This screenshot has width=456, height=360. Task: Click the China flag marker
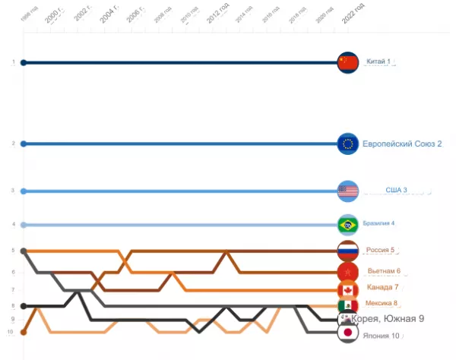tap(347, 62)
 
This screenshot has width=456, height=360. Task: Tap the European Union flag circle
tap(347, 144)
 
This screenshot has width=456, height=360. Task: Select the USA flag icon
tap(347, 191)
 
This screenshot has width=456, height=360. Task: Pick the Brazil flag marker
tap(347, 224)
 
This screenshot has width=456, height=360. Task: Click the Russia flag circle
tap(347, 250)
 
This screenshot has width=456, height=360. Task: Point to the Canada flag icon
tap(347, 289)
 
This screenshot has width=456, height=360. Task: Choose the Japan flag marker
tap(347, 332)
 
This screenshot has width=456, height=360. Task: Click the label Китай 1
tap(378, 62)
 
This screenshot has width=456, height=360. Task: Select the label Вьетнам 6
tap(384, 270)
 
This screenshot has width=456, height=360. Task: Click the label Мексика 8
tap(382, 304)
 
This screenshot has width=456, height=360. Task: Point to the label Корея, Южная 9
tap(388, 319)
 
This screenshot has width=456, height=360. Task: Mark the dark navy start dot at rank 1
tap(24, 62)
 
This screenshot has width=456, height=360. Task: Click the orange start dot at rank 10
tap(24, 332)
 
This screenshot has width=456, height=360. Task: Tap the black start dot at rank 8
tap(24, 306)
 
